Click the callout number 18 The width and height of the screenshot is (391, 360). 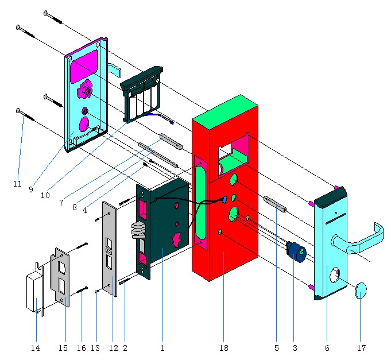[x=223, y=348]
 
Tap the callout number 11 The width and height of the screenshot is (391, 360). [x=17, y=184]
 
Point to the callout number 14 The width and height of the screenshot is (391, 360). [x=36, y=348]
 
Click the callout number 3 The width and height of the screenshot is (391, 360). [x=294, y=348]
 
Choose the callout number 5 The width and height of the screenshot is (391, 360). [x=276, y=348]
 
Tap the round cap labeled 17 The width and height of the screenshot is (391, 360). [x=361, y=290]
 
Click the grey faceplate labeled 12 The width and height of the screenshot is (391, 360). [x=110, y=247]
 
